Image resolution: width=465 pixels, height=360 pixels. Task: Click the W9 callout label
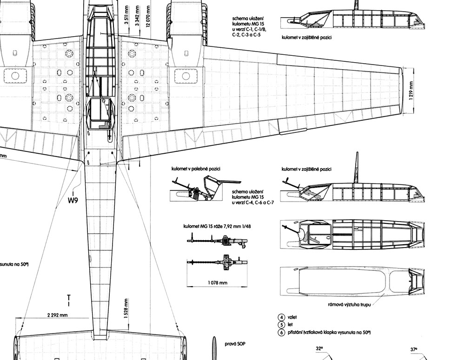point(73,200)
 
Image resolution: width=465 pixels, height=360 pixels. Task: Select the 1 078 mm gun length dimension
point(217,283)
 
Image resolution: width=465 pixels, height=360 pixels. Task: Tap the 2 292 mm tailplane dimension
point(57,315)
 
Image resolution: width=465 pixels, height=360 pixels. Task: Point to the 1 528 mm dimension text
point(126,308)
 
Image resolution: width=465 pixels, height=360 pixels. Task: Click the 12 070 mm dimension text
point(148,16)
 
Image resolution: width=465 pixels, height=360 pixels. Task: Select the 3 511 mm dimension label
point(127,16)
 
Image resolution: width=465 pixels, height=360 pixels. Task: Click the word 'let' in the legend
point(290,325)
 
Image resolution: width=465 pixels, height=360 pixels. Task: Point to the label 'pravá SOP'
point(235,344)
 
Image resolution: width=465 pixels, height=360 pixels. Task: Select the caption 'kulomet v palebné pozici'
point(196,169)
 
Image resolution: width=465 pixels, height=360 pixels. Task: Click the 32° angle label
point(319,349)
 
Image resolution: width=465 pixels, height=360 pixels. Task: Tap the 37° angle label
point(414,349)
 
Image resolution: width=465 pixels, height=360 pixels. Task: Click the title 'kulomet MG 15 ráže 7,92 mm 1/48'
point(217,226)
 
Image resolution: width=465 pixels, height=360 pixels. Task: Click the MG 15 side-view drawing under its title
point(217,240)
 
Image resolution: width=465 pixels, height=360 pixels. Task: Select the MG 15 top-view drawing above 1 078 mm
point(217,262)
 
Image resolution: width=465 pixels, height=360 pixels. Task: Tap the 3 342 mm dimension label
point(137,16)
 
